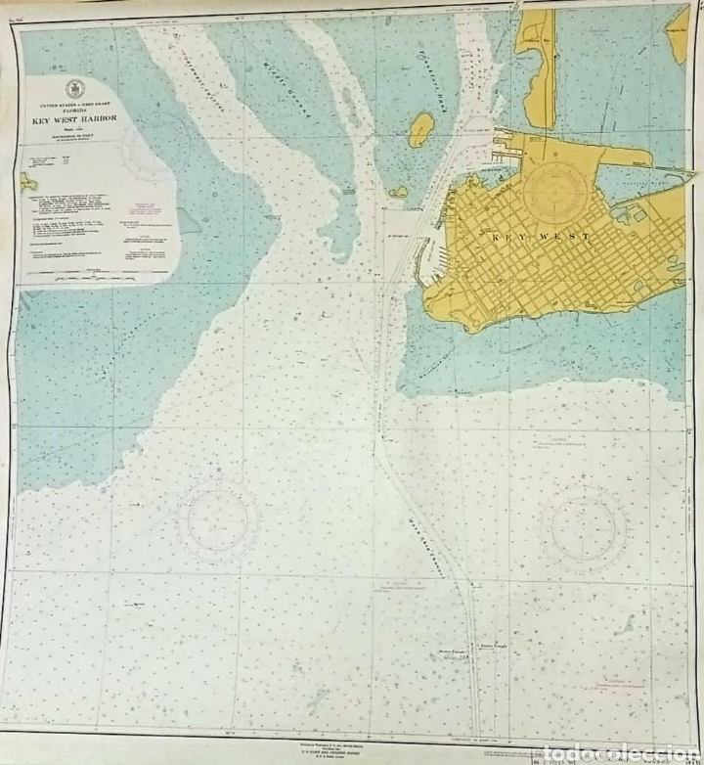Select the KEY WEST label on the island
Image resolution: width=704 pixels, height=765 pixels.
click(x=541, y=238)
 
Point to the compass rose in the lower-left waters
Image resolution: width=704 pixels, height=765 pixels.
click(x=218, y=519)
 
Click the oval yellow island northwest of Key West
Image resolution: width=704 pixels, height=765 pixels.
click(x=420, y=129)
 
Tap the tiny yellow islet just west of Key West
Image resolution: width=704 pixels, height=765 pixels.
click(x=399, y=193)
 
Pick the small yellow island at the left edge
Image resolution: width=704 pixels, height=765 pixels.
click(x=27, y=182)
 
